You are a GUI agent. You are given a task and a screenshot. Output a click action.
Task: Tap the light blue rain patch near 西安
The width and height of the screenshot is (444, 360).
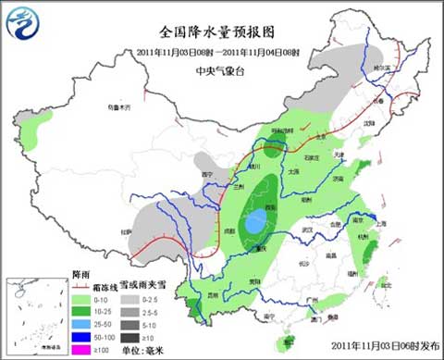pyautogui.click(x=253, y=222)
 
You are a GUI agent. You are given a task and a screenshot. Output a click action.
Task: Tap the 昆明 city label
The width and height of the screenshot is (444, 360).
pyautogui.click(x=214, y=295)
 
